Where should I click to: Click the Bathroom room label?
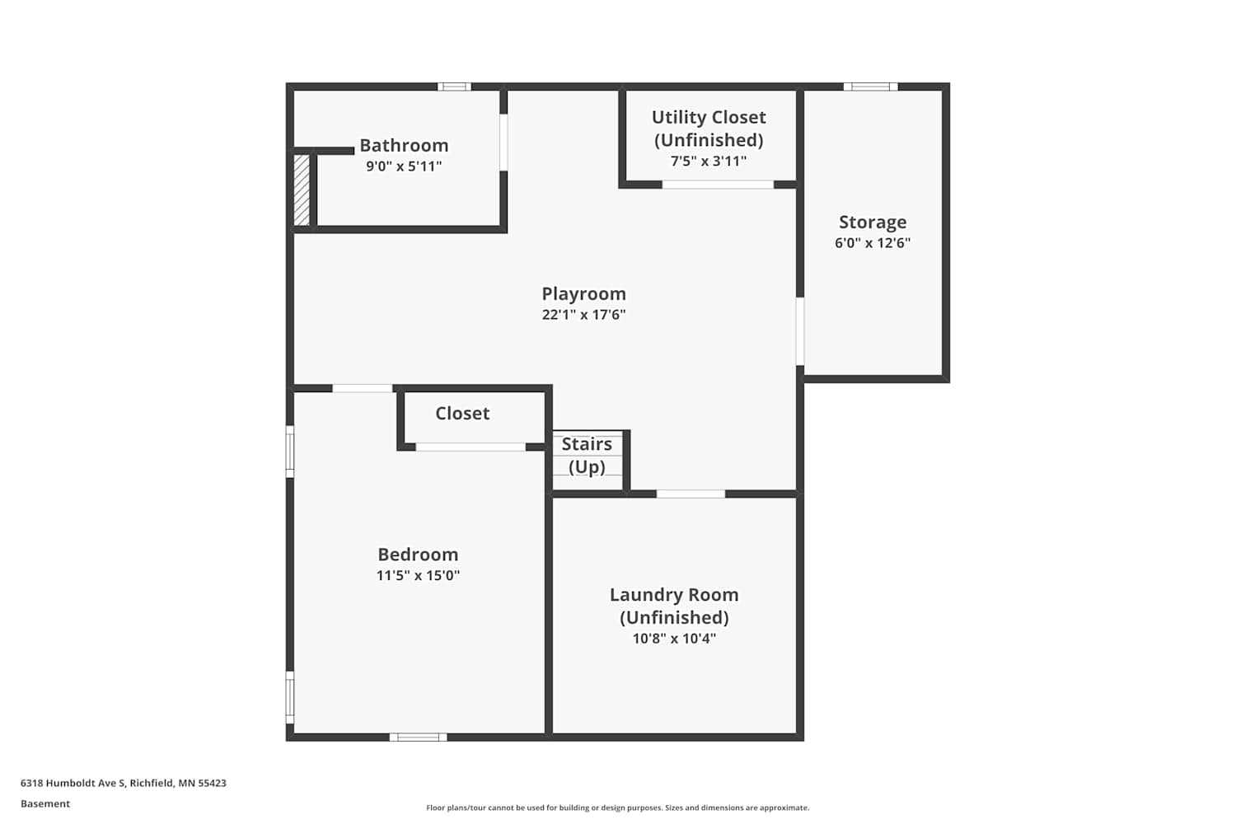tap(404, 146)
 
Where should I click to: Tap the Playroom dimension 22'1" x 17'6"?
tap(583, 315)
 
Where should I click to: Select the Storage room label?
tap(873, 222)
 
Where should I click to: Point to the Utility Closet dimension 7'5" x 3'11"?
tap(709, 162)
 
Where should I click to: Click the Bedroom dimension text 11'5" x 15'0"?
tap(418, 576)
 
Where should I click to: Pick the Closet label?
tap(462, 414)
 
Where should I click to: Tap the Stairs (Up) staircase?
tap(588, 461)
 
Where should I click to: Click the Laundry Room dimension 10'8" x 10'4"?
tap(674, 639)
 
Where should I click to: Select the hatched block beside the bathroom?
tap(302, 190)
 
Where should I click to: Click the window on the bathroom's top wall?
tap(454, 87)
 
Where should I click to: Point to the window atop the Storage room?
tap(871, 87)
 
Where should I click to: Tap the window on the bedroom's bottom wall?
tap(419, 737)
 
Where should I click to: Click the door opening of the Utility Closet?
tap(718, 185)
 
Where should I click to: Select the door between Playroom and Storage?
tap(800, 331)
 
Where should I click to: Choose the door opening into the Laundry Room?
tap(691, 494)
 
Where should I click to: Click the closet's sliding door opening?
tap(471, 447)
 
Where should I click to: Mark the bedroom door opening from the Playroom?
tap(362, 389)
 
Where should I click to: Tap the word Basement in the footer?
tap(45, 803)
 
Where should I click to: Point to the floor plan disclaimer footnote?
tap(617, 808)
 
